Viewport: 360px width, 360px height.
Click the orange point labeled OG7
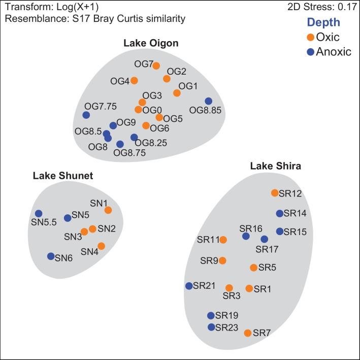click(x=156, y=66)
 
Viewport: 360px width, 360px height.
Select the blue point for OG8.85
click(x=208, y=101)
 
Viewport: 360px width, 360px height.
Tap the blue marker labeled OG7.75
click(x=86, y=115)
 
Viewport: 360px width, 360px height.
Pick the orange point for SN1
click(x=108, y=210)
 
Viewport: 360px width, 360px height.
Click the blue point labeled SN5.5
click(x=38, y=214)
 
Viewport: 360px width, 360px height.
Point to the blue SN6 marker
click(x=51, y=256)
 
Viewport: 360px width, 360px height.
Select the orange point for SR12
click(x=275, y=193)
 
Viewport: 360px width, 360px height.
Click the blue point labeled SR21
click(x=189, y=286)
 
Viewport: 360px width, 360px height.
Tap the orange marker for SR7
click(x=247, y=333)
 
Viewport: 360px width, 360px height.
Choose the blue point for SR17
click(x=264, y=239)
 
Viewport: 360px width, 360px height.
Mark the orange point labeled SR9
click(x=222, y=260)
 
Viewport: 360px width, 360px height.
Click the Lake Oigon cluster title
click(x=151, y=43)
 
